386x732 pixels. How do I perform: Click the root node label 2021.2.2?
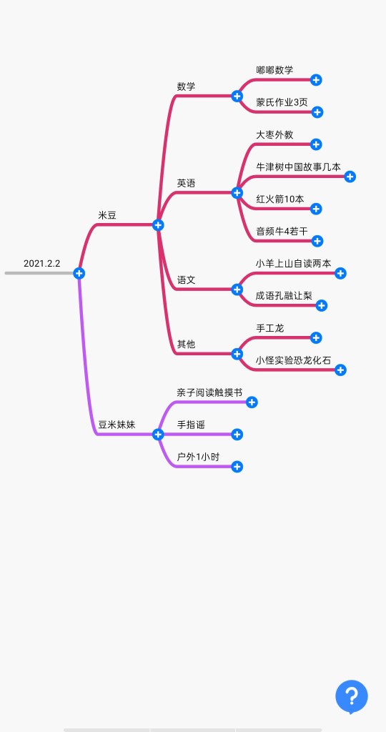tap(42, 263)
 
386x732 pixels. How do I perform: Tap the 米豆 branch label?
tap(107, 215)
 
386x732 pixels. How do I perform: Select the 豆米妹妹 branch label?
tap(117, 425)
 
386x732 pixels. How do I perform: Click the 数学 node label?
tap(186, 86)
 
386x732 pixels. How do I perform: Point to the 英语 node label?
tap(186, 183)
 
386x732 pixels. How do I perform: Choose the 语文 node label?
tap(186, 280)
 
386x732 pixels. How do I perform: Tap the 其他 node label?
tap(186, 344)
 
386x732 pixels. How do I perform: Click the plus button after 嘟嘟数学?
tap(316, 80)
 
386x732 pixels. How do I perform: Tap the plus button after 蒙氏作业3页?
tap(317, 112)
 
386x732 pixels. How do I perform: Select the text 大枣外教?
tap(274, 134)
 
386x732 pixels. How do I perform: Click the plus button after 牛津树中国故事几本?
tap(350, 177)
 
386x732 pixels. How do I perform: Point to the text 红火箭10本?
tap(279, 199)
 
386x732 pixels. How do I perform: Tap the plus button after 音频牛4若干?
tap(317, 241)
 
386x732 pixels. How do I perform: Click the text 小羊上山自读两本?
tap(293, 263)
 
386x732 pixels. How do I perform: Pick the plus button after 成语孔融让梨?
tap(322, 306)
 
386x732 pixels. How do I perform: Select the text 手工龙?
tap(269, 328)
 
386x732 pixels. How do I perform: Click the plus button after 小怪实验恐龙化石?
tap(341, 370)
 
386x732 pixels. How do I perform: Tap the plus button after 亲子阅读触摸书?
tap(252, 402)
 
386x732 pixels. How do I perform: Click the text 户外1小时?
tap(198, 457)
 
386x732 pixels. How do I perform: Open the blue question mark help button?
tap(352, 696)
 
